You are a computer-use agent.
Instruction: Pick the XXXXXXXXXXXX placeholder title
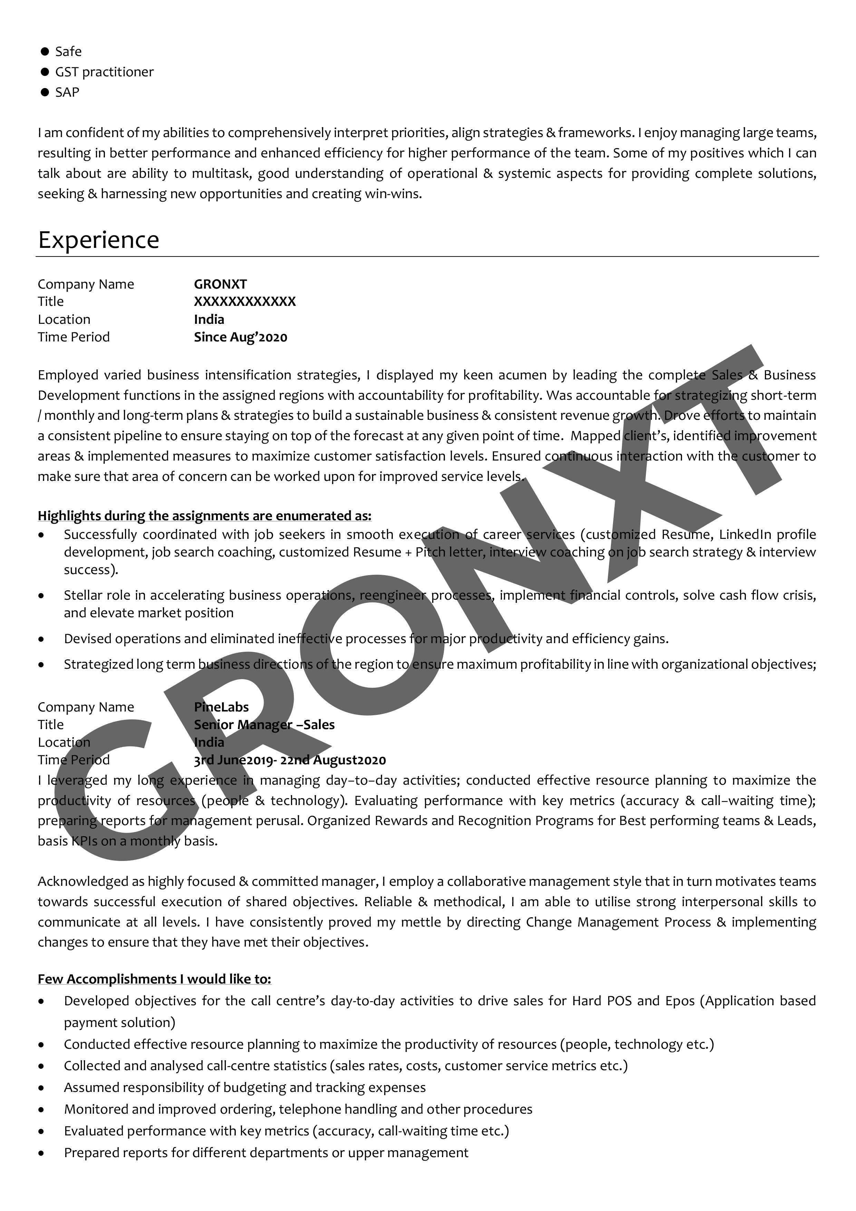(x=245, y=302)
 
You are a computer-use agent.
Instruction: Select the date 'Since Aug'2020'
(x=241, y=337)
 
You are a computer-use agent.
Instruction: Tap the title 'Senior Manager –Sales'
(x=264, y=725)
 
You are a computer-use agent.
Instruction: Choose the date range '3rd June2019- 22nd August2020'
(x=290, y=760)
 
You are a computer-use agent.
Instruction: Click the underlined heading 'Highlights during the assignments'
(x=204, y=515)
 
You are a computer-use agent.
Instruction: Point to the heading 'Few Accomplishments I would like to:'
(x=154, y=979)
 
